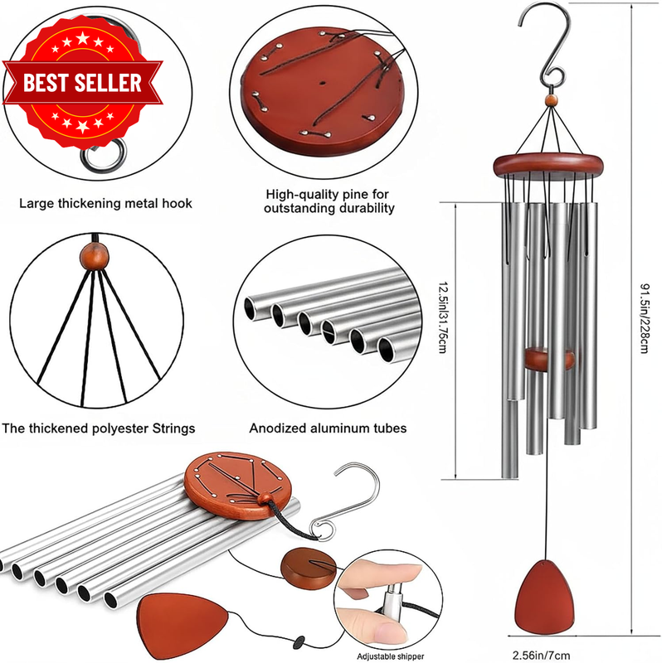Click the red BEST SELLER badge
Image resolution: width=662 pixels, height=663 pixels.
pyautogui.click(x=82, y=83)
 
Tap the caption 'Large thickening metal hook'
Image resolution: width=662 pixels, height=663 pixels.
pyautogui.click(x=105, y=203)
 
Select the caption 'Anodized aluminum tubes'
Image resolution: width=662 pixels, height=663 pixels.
pyautogui.click(x=328, y=428)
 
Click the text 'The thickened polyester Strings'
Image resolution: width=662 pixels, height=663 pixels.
pyautogui.click(x=98, y=428)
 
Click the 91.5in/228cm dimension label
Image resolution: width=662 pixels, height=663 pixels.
pyautogui.click(x=644, y=318)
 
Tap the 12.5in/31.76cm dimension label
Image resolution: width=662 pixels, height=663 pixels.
pyautogui.click(x=442, y=317)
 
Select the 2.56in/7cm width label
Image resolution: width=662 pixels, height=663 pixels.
pyautogui.click(x=541, y=656)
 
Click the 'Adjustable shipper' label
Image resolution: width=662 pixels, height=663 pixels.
pyautogui.click(x=390, y=656)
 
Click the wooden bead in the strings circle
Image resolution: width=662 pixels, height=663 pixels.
pyautogui.click(x=95, y=256)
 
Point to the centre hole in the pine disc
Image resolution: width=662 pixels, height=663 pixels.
pyautogui.click(x=323, y=84)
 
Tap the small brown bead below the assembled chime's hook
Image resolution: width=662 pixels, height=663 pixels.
pyautogui.click(x=551, y=100)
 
